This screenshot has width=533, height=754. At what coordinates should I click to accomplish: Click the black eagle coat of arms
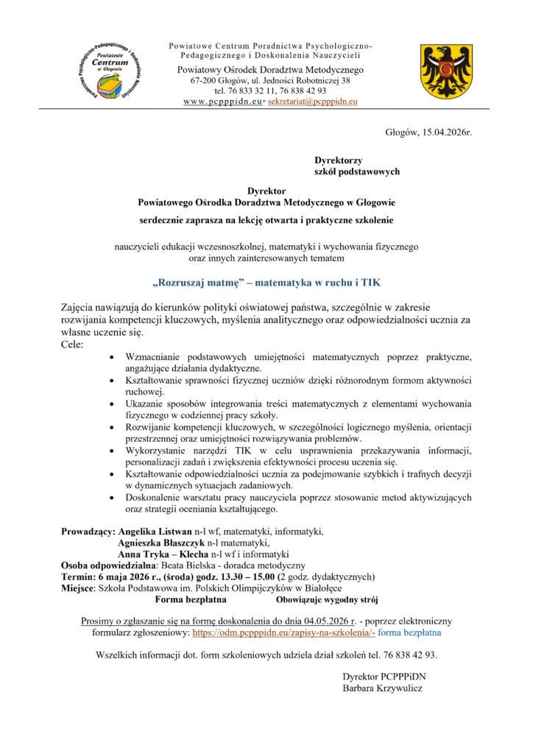coord(441,71)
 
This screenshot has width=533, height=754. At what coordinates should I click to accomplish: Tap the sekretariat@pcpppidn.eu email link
coord(312,101)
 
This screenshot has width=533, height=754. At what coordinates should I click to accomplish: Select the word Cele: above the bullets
coord(72,344)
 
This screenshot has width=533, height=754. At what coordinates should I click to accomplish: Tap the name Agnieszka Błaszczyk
coord(163,543)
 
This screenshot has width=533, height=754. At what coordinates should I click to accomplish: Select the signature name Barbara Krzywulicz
coord(382,688)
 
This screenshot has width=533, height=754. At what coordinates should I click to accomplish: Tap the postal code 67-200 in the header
coord(205,80)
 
